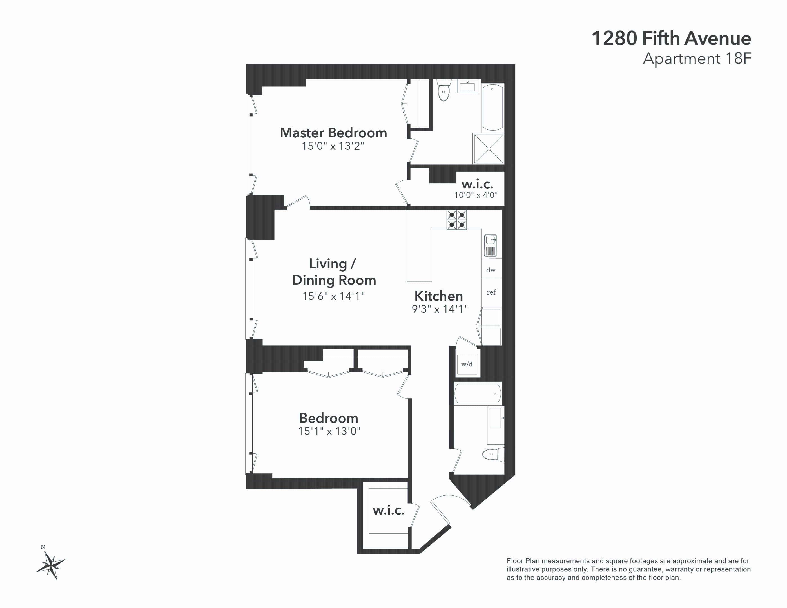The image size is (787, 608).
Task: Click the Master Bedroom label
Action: tap(333, 133)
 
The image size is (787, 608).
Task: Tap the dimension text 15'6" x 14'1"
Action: tap(333, 296)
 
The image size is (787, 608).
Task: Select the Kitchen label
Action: tap(438, 296)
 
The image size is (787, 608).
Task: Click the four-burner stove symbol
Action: tap(456, 220)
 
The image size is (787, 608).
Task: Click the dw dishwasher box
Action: tap(491, 270)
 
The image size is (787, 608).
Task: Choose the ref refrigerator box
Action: tap(491, 292)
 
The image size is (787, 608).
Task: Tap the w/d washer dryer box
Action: tap(467, 365)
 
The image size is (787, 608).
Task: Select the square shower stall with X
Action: tap(489, 149)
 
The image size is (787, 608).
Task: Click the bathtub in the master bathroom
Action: tap(492, 107)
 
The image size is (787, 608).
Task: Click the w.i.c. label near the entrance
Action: tap(388, 510)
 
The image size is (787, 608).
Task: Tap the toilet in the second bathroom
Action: tap(492, 454)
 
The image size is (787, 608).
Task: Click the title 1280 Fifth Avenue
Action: tap(671, 38)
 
